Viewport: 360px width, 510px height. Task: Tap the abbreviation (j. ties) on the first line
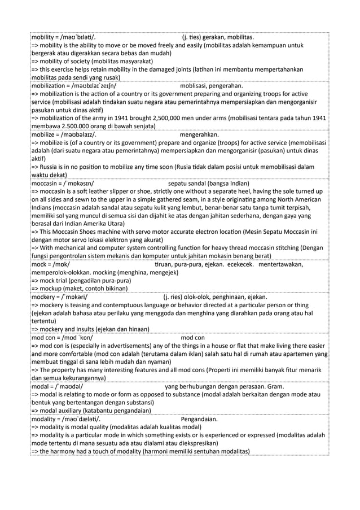193,38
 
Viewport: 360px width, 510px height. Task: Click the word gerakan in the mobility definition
221,38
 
